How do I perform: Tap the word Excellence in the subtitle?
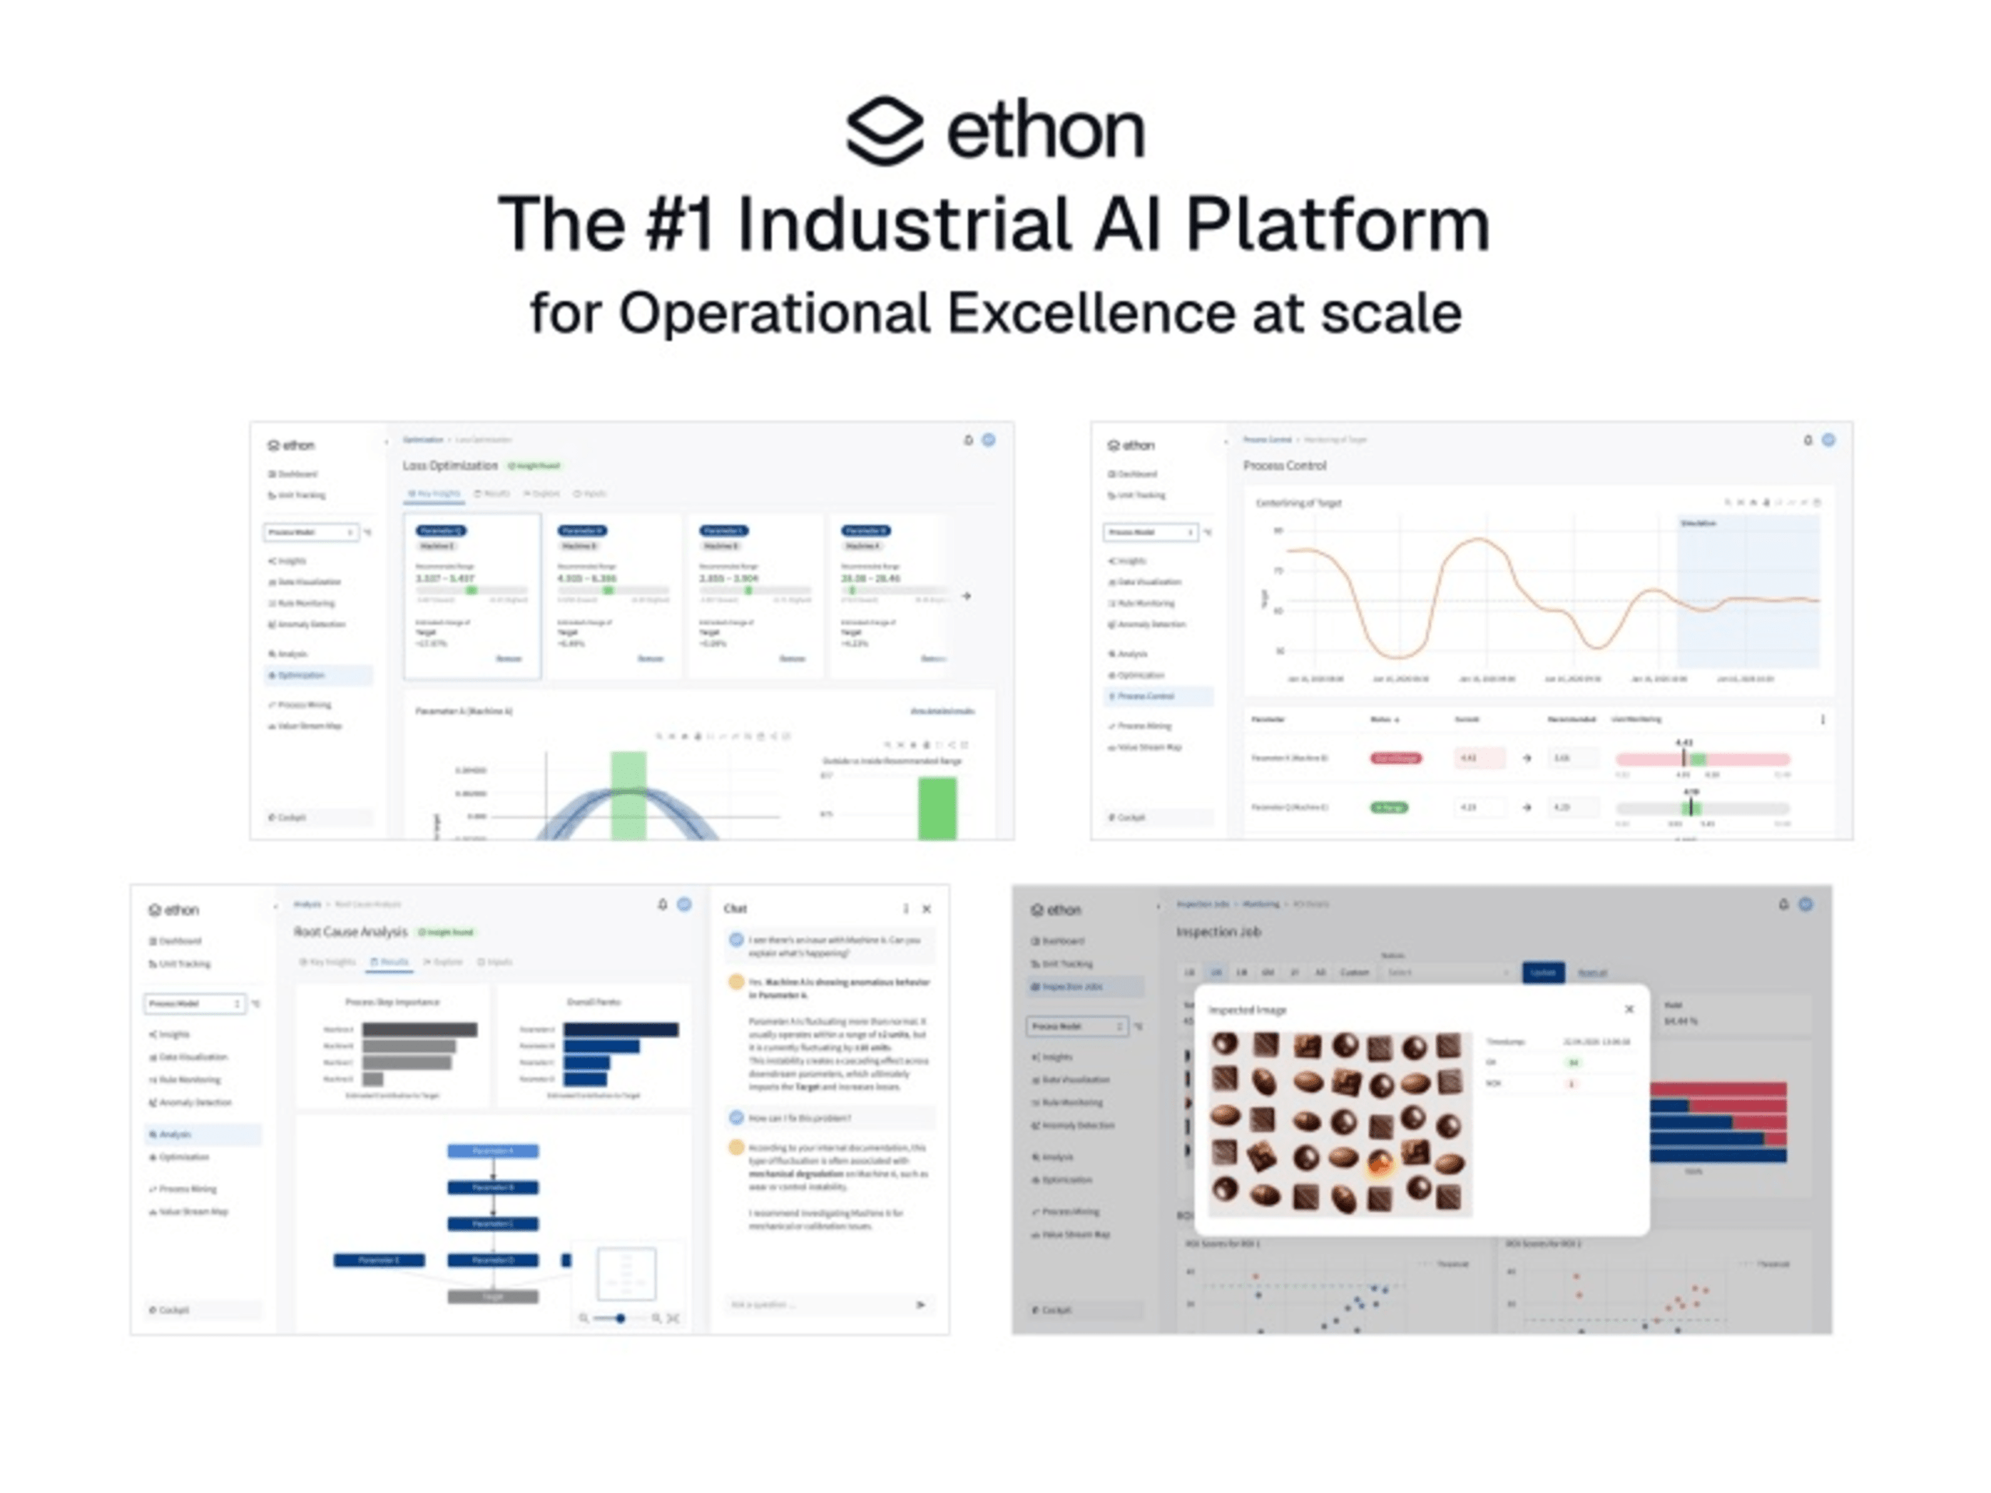click(1091, 314)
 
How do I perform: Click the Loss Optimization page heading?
click(450, 465)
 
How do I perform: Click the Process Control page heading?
click(1285, 465)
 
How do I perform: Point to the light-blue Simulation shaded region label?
click(1699, 523)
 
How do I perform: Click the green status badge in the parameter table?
click(1389, 807)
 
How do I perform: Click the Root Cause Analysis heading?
click(350, 932)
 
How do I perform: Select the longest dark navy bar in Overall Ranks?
click(621, 1030)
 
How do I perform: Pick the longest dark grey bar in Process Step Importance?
click(419, 1030)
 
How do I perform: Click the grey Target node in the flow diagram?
click(492, 1297)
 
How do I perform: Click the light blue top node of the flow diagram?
click(492, 1151)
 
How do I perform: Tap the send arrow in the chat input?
click(920, 1304)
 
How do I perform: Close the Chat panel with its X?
click(926, 909)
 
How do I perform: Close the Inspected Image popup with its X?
click(1629, 1009)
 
